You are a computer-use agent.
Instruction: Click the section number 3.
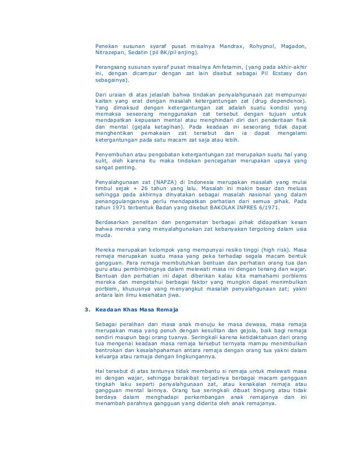point(86,309)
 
